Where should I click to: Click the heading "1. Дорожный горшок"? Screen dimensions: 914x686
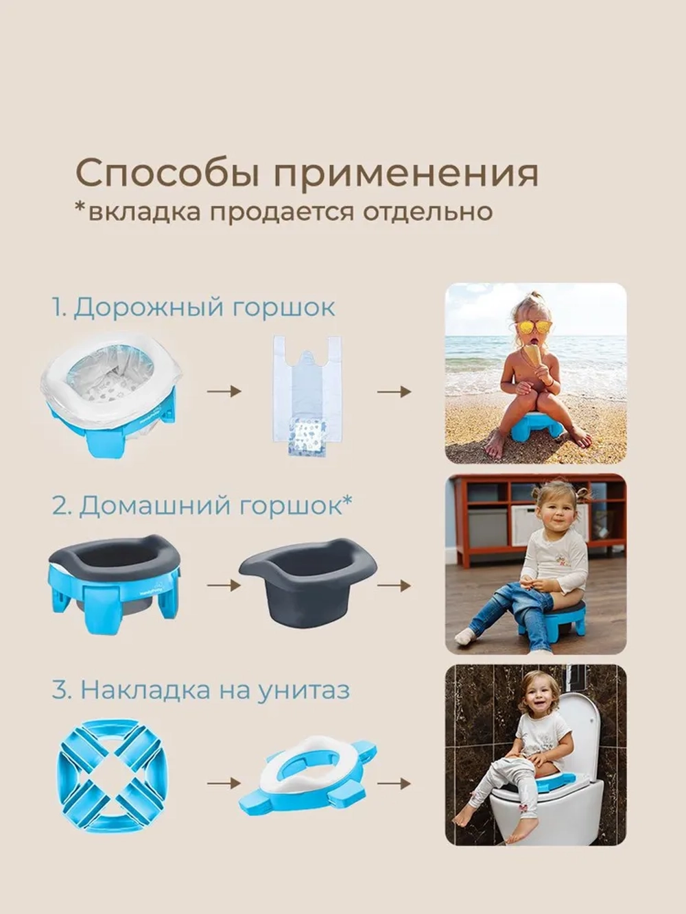click(193, 306)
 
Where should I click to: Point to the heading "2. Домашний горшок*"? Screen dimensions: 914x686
click(202, 506)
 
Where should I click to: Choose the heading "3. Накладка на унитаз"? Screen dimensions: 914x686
click(200, 690)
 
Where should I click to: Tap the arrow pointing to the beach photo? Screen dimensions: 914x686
click(394, 392)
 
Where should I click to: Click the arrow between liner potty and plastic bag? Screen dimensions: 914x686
click(224, 392)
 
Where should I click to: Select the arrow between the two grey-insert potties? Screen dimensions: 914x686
click(224, 586)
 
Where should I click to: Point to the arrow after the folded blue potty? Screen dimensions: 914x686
click(224, 783)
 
